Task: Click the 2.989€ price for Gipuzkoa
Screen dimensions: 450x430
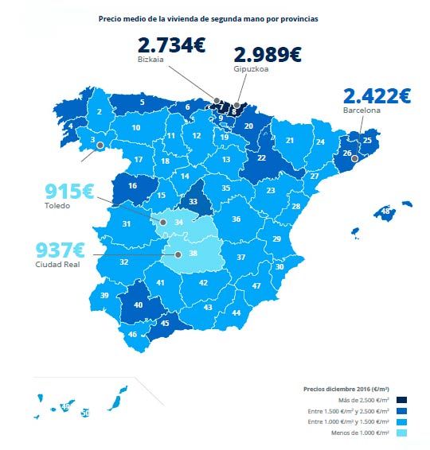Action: tap(267, 55)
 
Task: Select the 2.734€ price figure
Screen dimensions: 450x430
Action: tap(171, 45)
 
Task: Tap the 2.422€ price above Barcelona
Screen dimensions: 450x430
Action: tap(377, 96)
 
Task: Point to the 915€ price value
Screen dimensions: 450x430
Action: tap(69, 192)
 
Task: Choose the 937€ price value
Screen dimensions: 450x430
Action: tap(68, 250)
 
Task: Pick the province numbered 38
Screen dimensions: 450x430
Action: tap(193, 254)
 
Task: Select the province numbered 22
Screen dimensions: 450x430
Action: tap(261, 157)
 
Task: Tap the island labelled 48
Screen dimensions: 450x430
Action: tap(386, 212)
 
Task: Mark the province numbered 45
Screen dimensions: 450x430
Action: tap(166, 323)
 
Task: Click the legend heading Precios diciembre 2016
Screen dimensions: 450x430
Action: tap(346, 389)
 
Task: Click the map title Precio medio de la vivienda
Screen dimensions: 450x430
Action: tap(208, 18)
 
